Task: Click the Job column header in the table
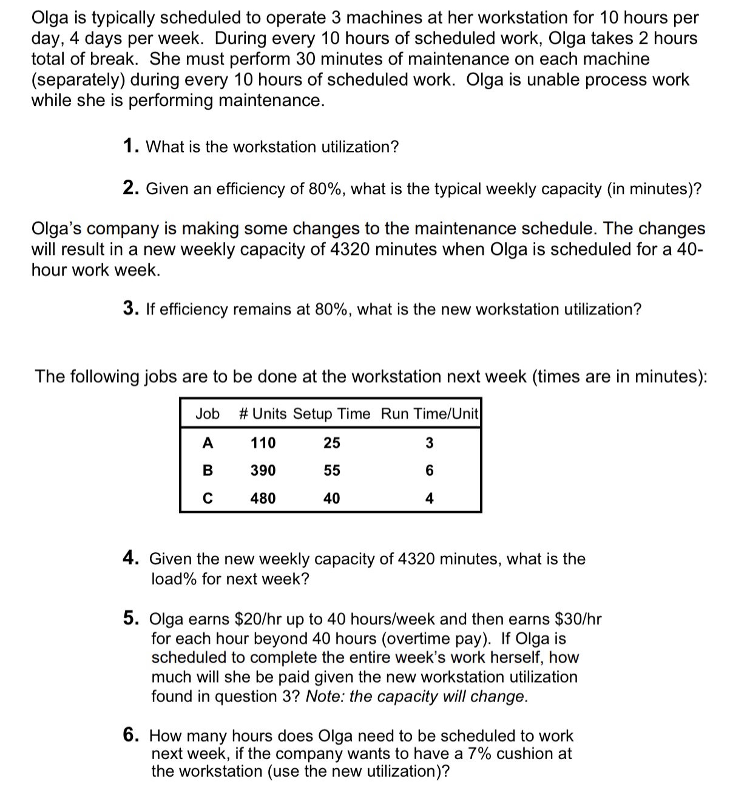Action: pyautogui.click(x=208, y=414)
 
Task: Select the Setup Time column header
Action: pyautogui.click(x=331, y=414)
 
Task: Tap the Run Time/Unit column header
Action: pyautogui.click(x=430, y=414)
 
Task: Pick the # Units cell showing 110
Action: pyautogui.click(x=263, y=443)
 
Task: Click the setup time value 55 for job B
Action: pyautogui.click(x=331, y=471)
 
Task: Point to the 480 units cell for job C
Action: pyautogui.click(x=263, y=499)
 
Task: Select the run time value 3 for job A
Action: pyautogui.click(x=429, y=443)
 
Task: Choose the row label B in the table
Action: pyautogui.click(x=208, y=471)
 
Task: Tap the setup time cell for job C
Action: pyautogui.click(x=331, y=499)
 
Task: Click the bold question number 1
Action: pyautogui.click(x=129, y=147)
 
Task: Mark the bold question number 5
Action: pyautogui.click(x=129, y=618)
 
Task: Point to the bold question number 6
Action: pyautogui.click(x=129, y=735)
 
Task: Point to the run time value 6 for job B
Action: pyautogui.click(x=429, y=471)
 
